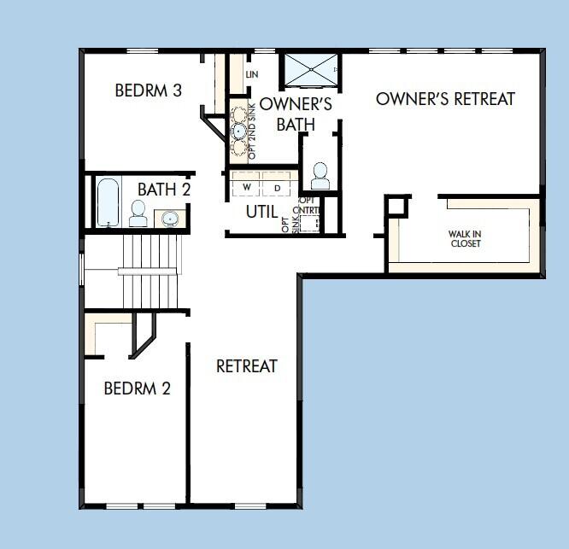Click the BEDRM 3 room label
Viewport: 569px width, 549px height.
148,91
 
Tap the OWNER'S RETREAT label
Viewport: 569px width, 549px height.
445,99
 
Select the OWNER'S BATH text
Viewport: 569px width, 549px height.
296,114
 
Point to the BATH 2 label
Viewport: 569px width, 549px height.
164,189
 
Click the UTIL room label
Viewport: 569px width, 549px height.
261,211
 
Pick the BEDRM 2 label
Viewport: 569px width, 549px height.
137,388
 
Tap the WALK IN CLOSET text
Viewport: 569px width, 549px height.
465,238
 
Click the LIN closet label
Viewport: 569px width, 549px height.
251,75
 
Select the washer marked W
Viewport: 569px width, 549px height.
247,186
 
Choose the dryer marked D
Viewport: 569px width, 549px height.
277,186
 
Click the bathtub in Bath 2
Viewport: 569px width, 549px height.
108,202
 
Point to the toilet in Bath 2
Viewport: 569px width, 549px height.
138,213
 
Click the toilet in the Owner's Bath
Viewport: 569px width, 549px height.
320,176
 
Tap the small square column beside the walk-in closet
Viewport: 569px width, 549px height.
395,207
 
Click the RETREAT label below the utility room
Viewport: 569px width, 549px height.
246,366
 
